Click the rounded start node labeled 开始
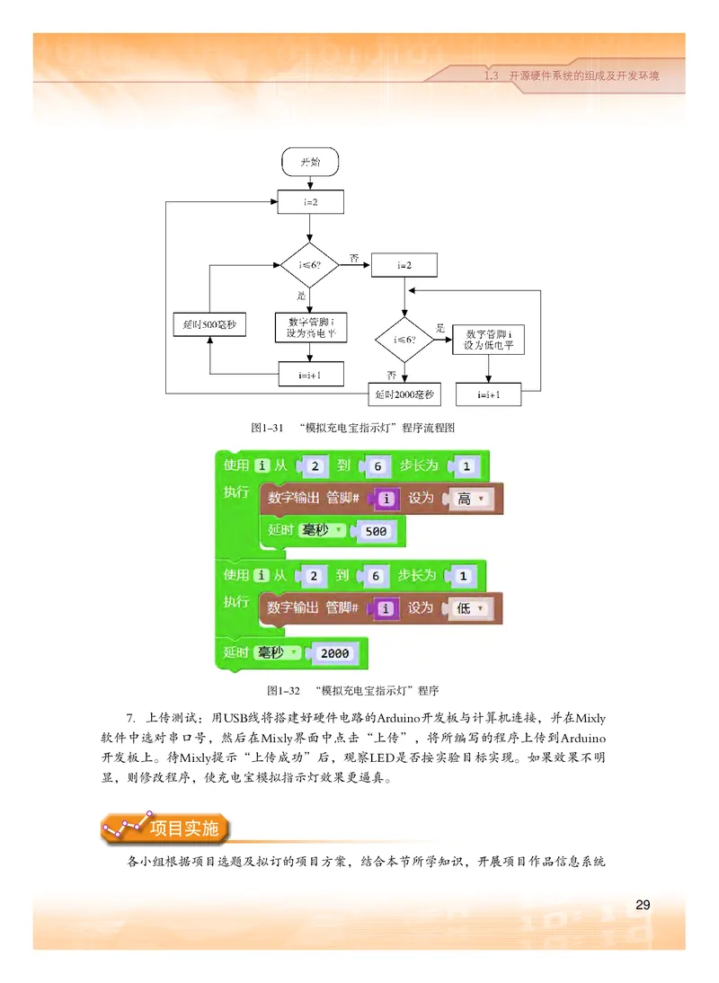310,163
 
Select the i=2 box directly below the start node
310,202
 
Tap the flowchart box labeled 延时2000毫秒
404,394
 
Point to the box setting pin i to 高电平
310,327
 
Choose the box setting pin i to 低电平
489,339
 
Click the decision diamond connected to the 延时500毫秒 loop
310,265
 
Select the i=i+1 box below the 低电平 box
489,394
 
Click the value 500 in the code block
377,531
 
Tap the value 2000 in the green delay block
334,653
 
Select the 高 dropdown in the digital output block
469,498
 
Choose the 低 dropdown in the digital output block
469,608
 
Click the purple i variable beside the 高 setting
386,498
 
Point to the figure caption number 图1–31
268,428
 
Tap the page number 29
643,903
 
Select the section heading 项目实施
184,828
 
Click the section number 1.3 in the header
491,76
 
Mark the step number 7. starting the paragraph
131,717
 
